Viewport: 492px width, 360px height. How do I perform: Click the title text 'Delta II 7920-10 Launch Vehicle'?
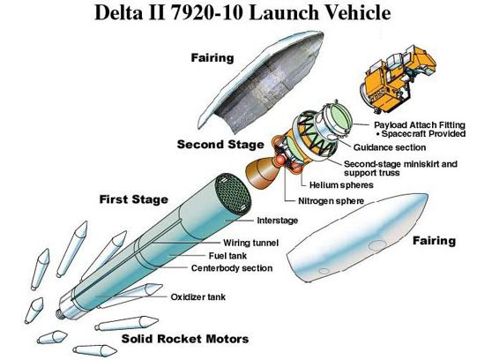point(246,16)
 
